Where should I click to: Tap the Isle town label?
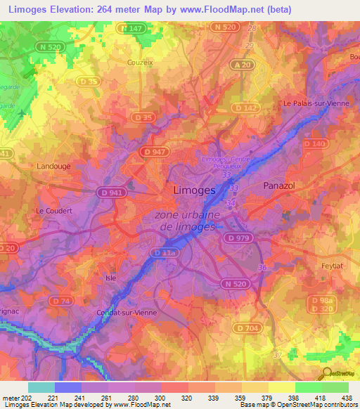(110, 277)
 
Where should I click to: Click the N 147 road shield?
(132, 28)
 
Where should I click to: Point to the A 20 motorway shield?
(242, 65)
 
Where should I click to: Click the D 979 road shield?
(239, 238)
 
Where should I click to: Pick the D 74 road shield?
(63, 301)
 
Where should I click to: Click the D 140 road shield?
(314, 143)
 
